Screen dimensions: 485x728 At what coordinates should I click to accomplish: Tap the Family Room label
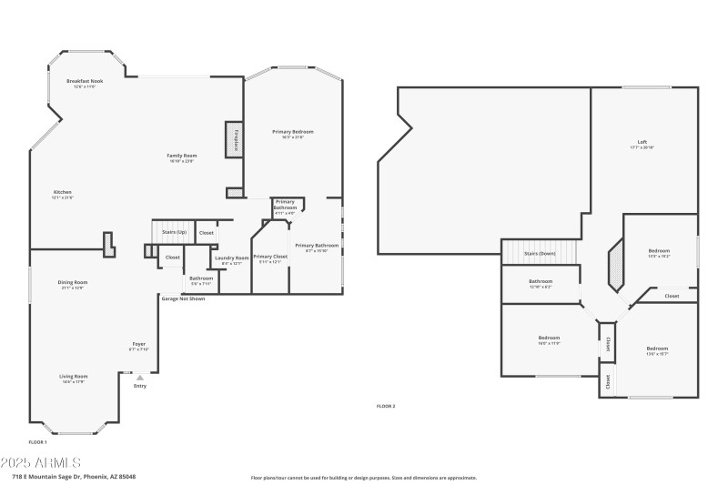(x=182, y=156)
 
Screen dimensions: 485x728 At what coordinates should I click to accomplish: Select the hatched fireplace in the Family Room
(x=235, y=141)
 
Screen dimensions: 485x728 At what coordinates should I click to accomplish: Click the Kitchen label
(x=62, y=192)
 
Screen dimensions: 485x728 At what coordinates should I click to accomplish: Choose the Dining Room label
(x=73, y=283)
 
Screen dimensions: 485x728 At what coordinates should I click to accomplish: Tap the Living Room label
(x=74, y=377)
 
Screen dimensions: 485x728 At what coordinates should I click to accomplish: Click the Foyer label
(x=138, y=344)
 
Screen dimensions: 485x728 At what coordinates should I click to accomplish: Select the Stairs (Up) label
(x=174, y=233)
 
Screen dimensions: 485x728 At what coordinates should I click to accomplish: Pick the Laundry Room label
(x=231, y=258)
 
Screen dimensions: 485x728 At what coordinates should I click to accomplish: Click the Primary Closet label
(x=270, y=257)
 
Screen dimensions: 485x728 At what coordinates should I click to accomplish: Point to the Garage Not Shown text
(x=183, y=298)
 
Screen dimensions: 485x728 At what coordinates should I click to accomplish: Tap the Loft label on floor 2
(x=642, y=142)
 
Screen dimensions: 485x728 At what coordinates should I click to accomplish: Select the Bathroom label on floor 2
(x=541, y=281)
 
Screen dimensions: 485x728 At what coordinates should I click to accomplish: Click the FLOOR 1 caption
(x=38, y=441)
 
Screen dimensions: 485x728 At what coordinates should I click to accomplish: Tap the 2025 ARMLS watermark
(x=42, y=462)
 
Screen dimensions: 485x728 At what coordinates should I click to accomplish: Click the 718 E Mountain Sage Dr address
(x=67, y=476)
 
